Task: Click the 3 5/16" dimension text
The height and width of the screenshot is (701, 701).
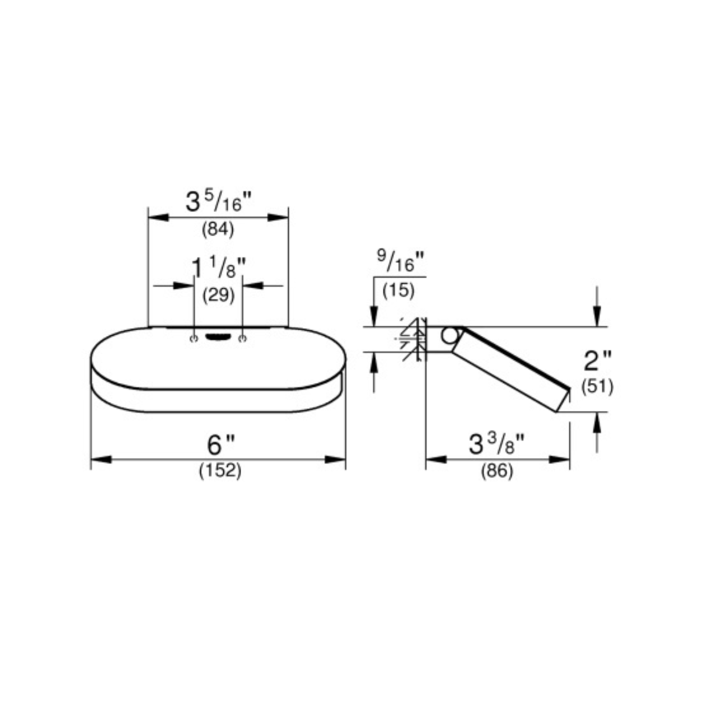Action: click(219, 202)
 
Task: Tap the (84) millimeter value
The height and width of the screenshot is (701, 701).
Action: click(218, 229)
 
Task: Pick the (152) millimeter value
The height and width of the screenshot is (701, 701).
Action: click(220, 471)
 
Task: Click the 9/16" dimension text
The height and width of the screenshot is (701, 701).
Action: click(400, 261)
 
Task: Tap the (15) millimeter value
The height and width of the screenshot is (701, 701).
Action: click(399, 291)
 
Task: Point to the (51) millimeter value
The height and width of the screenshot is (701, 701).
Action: click(597, 387)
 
